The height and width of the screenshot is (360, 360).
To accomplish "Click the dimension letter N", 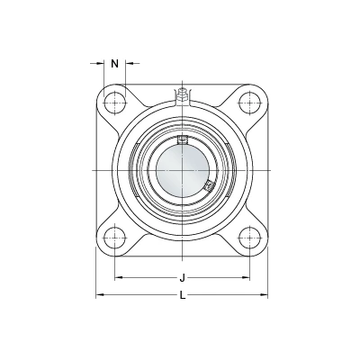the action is click(x=115, y=64).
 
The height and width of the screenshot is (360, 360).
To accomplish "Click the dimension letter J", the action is click(x=182, y=278).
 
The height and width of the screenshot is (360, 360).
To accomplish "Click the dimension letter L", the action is click(x=183, y=296).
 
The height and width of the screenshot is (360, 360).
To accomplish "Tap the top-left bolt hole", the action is click(x=114, y=103).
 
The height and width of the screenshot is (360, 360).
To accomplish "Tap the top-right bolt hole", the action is click(x=249, y=103).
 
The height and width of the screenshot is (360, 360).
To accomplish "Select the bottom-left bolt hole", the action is click(x=114, y=238).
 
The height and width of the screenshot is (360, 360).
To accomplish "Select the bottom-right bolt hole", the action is click(x=249, y=238).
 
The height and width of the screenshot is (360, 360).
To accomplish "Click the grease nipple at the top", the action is click(x=182, y=94).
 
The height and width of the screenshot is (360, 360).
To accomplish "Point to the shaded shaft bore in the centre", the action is click(x=182, y=170).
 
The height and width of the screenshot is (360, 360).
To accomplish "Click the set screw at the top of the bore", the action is click(x=182, y=139).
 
